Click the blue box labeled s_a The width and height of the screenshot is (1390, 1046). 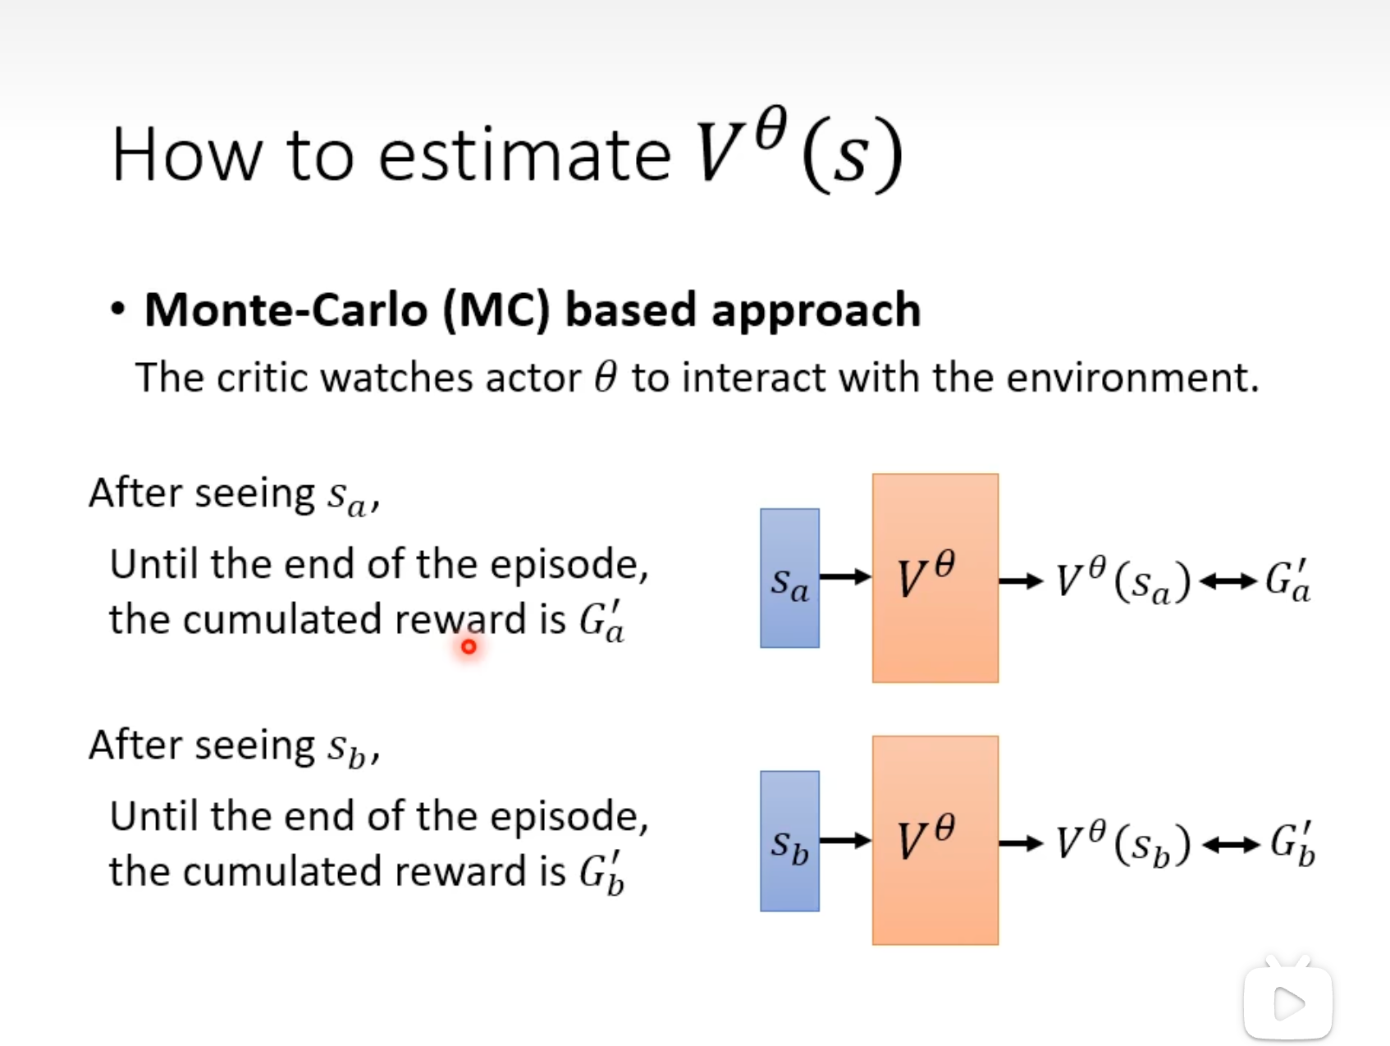[x=789, y=578]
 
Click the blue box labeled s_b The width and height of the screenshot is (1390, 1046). [x=789, y=841]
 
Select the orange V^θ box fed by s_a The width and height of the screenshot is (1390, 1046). [x=935, y=578]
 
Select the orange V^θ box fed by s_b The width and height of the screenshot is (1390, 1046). [x=935, y=840]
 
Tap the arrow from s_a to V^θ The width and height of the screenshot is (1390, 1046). [x=845, y=577]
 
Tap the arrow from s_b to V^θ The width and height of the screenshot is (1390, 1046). [x=845, y=840]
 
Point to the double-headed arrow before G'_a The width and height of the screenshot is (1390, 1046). [x=1228, y=582]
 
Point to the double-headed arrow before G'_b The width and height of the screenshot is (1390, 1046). [x=1231, y=845]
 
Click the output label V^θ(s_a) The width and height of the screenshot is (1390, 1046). [x=1123, y=581]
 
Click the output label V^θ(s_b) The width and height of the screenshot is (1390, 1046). [x=1123, y=844]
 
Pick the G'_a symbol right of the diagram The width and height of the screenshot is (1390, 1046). [x=1287, y=581]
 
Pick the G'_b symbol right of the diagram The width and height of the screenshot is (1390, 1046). [x=1292, y=844]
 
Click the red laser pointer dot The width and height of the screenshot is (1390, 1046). [x=469, y=647]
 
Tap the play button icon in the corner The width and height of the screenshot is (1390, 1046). [x=1288, y=1002]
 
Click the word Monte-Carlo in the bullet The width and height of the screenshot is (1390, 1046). [x=286, y=310]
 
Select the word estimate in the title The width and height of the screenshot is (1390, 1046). [x=524, y=154]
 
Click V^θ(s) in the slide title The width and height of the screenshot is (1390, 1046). [x=799, y=151]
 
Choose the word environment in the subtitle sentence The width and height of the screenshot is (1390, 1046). [x=1132, y=378]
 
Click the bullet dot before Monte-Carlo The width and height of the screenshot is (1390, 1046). [x=118, y=310]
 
